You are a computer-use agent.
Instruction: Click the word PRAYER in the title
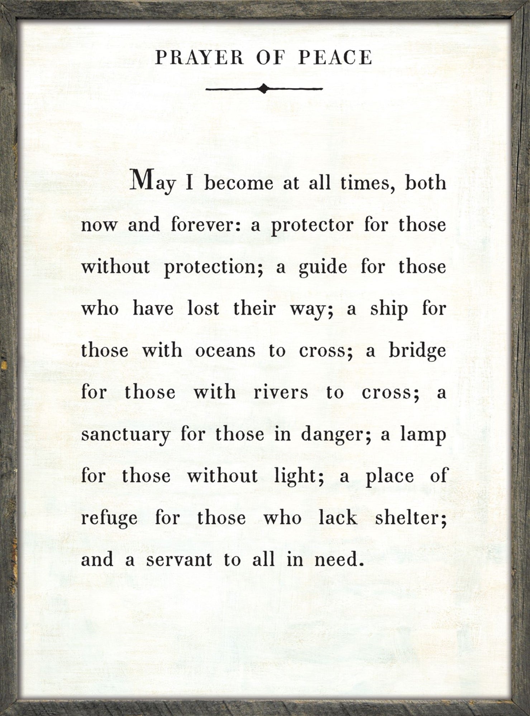(x=199, y=58)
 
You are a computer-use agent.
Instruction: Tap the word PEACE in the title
(x=335, y=58)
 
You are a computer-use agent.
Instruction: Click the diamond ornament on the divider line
(x=264, y=88)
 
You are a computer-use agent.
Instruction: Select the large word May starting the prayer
(x=153, y=182)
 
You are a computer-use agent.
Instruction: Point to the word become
(x=239, y=183)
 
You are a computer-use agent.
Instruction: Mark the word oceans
(x=225, y=351)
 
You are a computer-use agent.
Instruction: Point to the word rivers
(x=281, y=392)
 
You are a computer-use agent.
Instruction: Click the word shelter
(x=411, y=518)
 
